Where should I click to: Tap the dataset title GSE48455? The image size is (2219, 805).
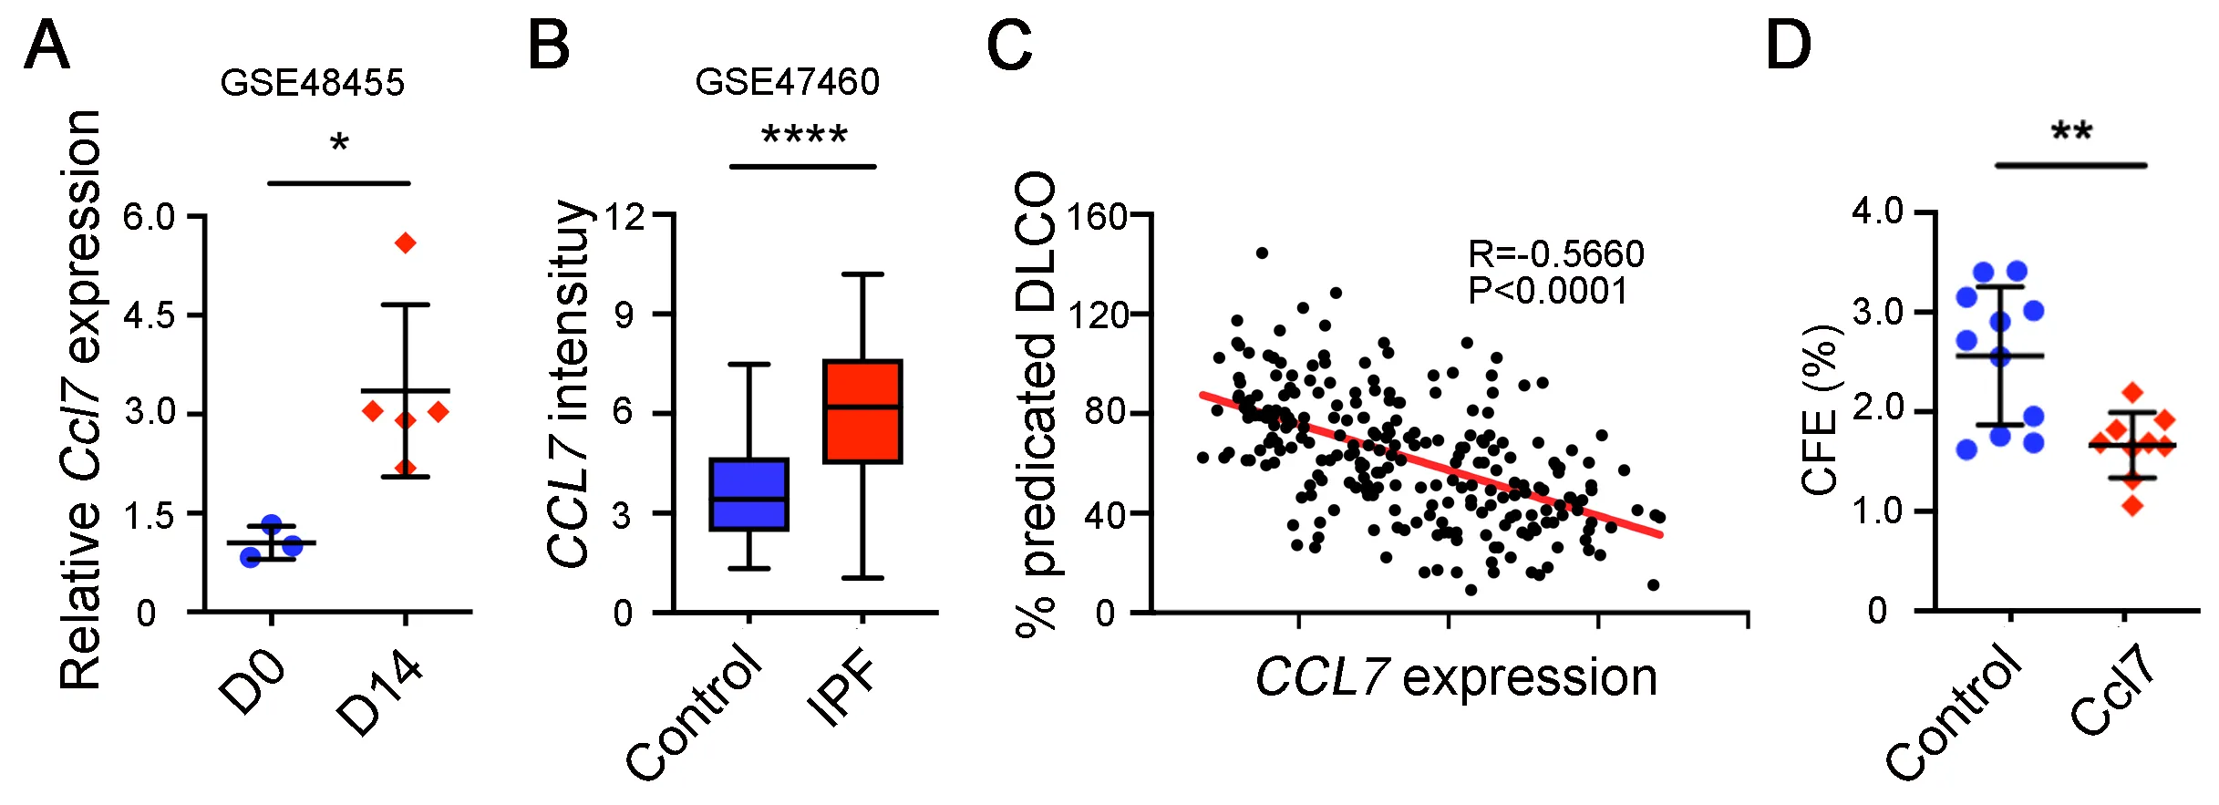pyautogui.click(x=312, y=83)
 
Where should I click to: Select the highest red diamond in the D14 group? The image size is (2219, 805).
pyautogui.click(x=406, y=243)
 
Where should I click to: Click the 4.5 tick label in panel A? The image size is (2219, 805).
pyautogui.click(x=150, y=316)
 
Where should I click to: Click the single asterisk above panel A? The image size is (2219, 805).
pyautogui.click(x=339, y=143)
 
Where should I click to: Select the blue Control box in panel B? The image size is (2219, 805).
pyautogui.click(x=748, y=494)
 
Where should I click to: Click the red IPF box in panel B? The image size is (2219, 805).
pyautogui.click(x=862, y=412)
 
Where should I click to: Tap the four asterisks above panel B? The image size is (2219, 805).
pyautogui.click(x=804, y=137)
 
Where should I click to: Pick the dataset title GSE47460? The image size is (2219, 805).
pyautogui.click(x=787, y=82)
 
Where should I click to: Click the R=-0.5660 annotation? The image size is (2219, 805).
pyautogui.click(x=1555, y=253)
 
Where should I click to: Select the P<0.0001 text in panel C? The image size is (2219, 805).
pyautogui.click(x=1547, y=291)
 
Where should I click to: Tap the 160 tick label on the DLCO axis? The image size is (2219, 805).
pyautogui.click(x=1097, y=217)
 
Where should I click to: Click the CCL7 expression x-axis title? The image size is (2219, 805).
pyautogui.click(x=1456, y=678)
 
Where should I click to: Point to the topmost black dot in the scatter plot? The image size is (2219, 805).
pyautogui.click(x=1262, y=253)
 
